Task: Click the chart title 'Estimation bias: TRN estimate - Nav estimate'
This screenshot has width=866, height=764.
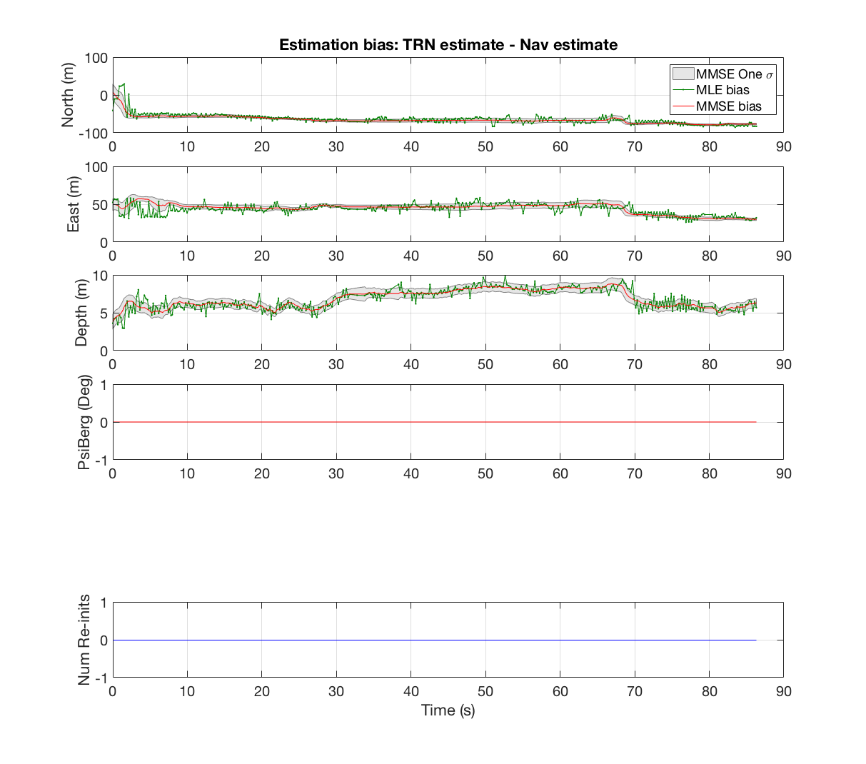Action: tap(448, 44)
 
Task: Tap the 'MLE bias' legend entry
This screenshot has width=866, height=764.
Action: tap(722, 90)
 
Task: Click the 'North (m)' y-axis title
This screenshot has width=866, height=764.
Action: tap(68, 95)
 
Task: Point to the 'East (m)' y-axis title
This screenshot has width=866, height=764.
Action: tap(73, 204)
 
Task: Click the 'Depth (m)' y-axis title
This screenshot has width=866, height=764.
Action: tap(81, 313)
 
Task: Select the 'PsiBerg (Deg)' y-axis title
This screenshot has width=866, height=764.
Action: tap(84, 422)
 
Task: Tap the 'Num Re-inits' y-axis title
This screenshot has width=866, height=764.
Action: tap(84, 640)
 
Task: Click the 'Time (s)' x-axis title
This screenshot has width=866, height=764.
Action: tap(448, 710)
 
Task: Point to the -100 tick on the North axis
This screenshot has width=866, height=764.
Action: tap(94, 134)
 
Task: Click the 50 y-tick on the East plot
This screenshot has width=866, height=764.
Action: tap(100, 205)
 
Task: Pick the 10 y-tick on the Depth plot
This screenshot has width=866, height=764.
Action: tap(100, 276)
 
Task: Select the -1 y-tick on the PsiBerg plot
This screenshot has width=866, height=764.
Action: tap(101, 461)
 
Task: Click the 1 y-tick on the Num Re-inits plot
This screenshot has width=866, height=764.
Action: tap(104, 603)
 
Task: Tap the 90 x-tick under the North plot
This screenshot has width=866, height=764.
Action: tap(783, 146)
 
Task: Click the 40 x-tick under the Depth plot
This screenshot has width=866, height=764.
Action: tap(411, 364)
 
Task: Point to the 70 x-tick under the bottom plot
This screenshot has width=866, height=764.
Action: tap(635, 691)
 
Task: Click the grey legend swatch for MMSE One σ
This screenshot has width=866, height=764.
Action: tap(683, 74)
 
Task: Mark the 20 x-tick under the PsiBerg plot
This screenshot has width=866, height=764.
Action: tap(261, 473)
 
